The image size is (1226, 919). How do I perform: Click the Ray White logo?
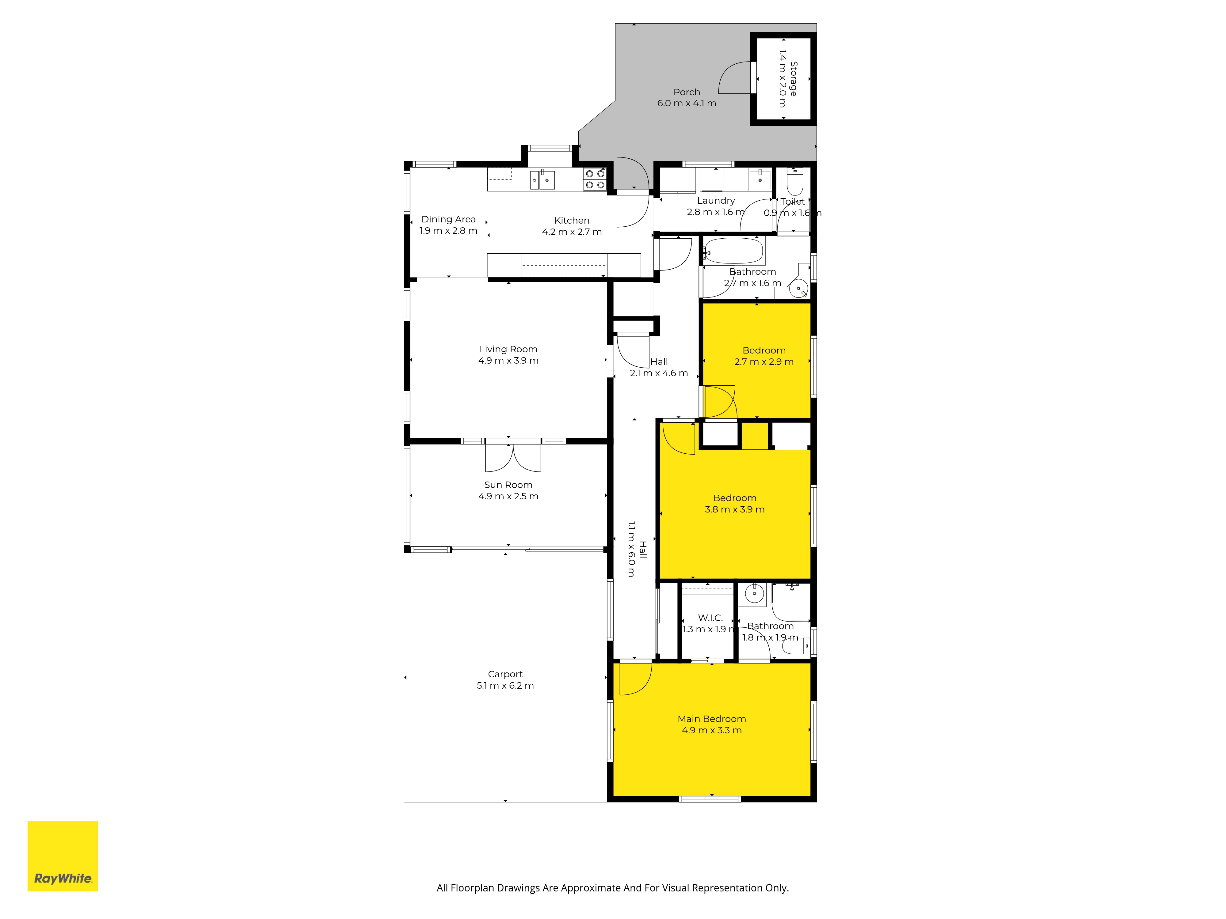tap(63, 856)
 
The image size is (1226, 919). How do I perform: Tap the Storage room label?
tap(794, 79)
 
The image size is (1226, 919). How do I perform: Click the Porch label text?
tap(687, 92)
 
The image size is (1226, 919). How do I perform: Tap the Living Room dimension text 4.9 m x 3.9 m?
tap(508, 361)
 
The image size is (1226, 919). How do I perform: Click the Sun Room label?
tap(508, 485)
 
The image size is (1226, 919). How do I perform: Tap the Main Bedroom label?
tap(712, 719)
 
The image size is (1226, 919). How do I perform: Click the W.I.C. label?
tap(710, 618)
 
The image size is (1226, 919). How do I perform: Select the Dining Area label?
tap(448, 219)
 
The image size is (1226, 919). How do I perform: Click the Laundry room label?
tap(716, 201)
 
